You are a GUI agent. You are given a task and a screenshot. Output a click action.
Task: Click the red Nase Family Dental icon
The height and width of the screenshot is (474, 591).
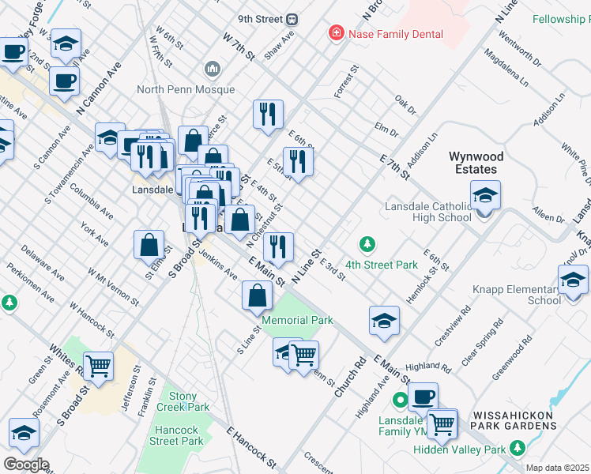point(337,34)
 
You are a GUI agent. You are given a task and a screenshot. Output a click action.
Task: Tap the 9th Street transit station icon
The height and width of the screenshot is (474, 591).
point(292,18)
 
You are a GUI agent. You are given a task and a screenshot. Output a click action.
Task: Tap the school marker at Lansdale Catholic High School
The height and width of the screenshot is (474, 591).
point(485,196)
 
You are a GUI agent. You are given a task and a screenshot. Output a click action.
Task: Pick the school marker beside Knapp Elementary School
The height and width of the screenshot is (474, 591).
point(573,280)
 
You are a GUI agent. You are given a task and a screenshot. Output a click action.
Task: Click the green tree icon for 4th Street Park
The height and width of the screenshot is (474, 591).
point(366,244)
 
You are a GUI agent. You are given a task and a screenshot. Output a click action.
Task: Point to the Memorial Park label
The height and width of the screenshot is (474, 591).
point(297,320)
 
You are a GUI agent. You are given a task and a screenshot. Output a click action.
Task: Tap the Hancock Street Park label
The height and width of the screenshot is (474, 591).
point(176,435)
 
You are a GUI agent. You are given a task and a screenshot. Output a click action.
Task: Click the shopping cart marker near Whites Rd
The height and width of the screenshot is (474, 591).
point(98,367)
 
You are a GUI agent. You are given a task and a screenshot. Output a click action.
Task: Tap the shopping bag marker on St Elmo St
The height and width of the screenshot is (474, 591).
point(149,245)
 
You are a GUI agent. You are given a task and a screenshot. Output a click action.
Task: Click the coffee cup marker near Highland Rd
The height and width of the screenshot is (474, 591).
point(423,397)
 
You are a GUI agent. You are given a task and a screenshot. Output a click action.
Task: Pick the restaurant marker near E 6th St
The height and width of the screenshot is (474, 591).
point(298,161)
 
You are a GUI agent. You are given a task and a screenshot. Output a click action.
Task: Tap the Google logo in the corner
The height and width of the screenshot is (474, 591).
point(25,465)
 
